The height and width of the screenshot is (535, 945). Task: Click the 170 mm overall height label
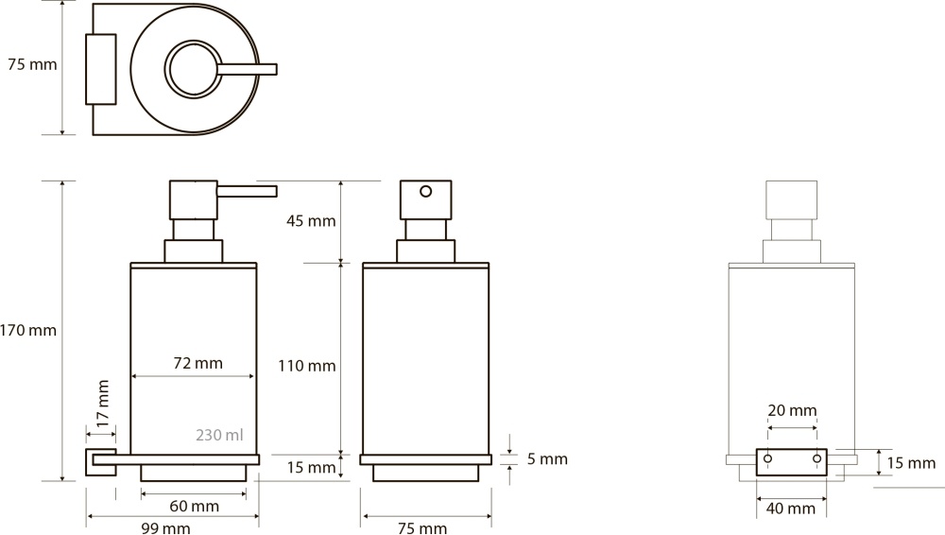pos(28,331)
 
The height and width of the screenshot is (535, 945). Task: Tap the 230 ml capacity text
pos(219,435)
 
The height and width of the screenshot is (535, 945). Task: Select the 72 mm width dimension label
pos(198,363)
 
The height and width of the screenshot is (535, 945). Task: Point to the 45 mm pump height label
pos(311,221)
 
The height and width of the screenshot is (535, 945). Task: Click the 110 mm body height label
pos(307,366)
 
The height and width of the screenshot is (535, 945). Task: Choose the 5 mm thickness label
pos(547,459)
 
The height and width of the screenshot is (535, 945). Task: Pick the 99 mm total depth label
pos(165,528)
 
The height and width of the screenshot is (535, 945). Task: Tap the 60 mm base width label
pos(194,506)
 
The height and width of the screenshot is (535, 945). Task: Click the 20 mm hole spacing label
pos(792,411)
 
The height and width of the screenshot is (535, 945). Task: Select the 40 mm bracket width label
pos(791,509)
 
